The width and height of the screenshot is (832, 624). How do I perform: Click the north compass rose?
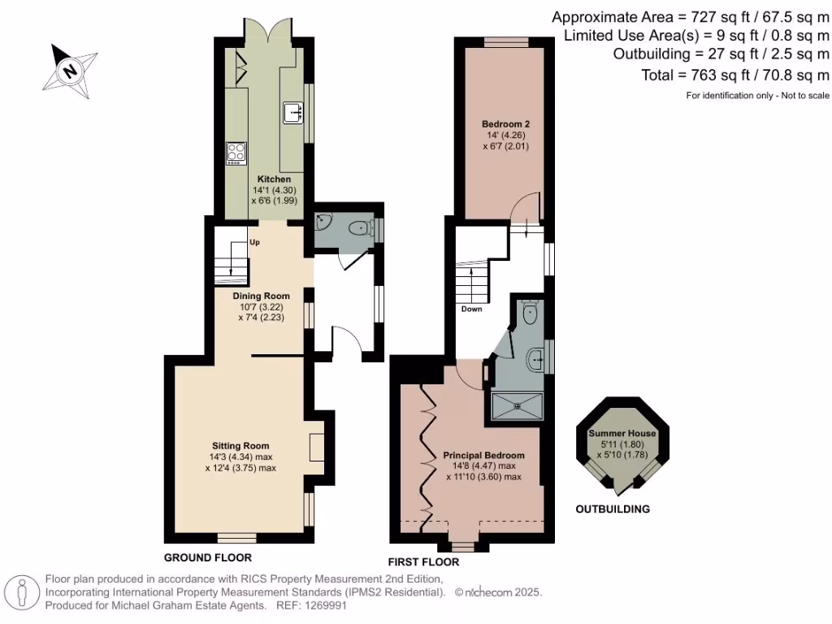tap(71, 71)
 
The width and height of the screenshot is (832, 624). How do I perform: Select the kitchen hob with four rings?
tap(236, 153)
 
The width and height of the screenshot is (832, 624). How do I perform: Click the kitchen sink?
tap(293, 113)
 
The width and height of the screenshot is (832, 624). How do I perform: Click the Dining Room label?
tap(262, 297)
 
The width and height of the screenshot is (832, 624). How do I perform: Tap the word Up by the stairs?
tap(255, 242)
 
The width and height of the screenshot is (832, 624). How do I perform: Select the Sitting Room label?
tap(240, 446)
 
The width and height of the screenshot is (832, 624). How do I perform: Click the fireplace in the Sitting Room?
tap(316, 448)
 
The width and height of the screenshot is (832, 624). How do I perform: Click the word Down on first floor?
tap(471, 310)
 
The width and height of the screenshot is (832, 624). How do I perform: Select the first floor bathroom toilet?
tap(531, 313)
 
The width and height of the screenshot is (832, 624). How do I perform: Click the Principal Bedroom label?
tap(483, 455)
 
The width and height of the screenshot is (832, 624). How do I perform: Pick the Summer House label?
tap(622, 434)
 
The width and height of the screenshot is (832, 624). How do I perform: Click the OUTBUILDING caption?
tap(613, 509)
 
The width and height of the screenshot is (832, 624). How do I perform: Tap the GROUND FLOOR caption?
tap(207, 557)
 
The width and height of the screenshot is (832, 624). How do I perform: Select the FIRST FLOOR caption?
tap(424, 562)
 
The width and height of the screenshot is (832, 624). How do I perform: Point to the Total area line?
tap(734, 76)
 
